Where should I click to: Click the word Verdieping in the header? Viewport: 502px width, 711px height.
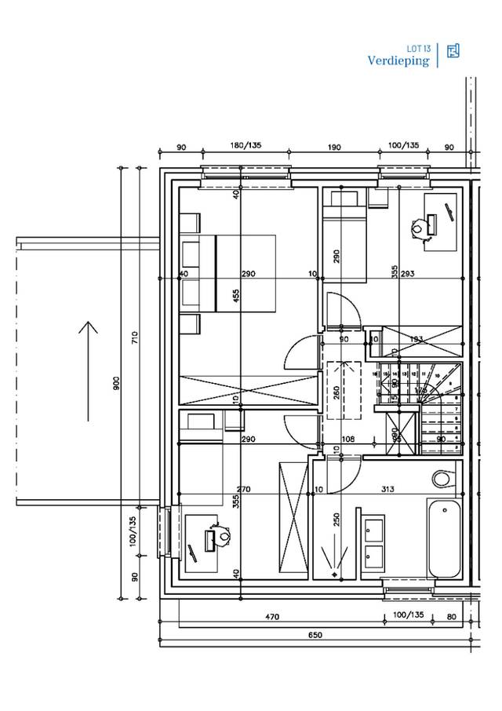pos(398,60)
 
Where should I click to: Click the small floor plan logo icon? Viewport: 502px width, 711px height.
pos(453,52)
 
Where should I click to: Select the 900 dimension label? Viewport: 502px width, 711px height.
pos(116,383)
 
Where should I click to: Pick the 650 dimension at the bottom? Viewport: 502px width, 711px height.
pos(315,635)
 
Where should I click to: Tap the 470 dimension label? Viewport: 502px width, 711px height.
pos(271,618)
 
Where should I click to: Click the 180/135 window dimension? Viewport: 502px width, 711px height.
pos(246,146)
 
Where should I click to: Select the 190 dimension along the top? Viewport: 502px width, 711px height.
pos(333,146)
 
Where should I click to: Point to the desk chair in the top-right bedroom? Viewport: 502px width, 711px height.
pos(418,228)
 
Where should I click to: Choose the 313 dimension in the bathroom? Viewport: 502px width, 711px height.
pos(387,490)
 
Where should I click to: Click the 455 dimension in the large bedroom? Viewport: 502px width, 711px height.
pos(236,296)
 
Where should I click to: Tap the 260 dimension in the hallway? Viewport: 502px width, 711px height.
pos(336,392)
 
